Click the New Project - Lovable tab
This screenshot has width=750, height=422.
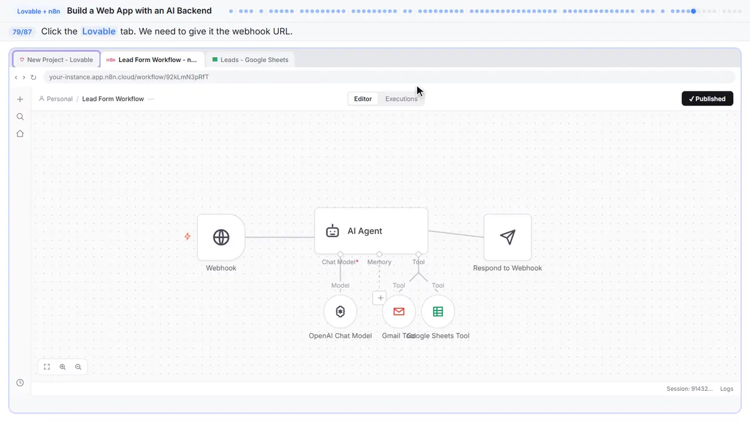click(x=56, y=60)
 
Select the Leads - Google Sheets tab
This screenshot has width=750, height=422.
click(x=250, y=60)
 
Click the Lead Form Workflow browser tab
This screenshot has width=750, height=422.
click(x=153, y=60)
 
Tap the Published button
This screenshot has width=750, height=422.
click(x=707, y=98)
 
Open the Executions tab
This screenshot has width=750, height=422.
click(x=401, y=99)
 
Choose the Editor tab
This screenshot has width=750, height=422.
click(x=363, y=99)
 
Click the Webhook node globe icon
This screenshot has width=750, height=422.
click(x=221, y=237)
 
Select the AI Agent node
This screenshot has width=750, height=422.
click(x=371, y=231)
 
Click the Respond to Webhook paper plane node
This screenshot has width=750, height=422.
click(x=507, y=237)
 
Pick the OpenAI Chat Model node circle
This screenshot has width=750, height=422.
click(x=340, y=311)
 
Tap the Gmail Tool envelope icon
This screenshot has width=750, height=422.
click(x=399, y=311)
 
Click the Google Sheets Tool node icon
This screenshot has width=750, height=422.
click(x=438, y=311)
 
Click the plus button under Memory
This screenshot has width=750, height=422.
click(x=380, y=298)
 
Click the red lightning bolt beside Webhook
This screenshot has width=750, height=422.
click(x=187, y=236)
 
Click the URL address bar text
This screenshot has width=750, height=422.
click(x=129, y=77)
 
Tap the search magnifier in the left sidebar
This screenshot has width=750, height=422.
click(x=20, y=117)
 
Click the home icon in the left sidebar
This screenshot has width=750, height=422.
click(x=20, y=134)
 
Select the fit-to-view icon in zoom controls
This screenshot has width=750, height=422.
click(x=47, y=367)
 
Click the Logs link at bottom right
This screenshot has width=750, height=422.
click(x=727, y=389)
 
